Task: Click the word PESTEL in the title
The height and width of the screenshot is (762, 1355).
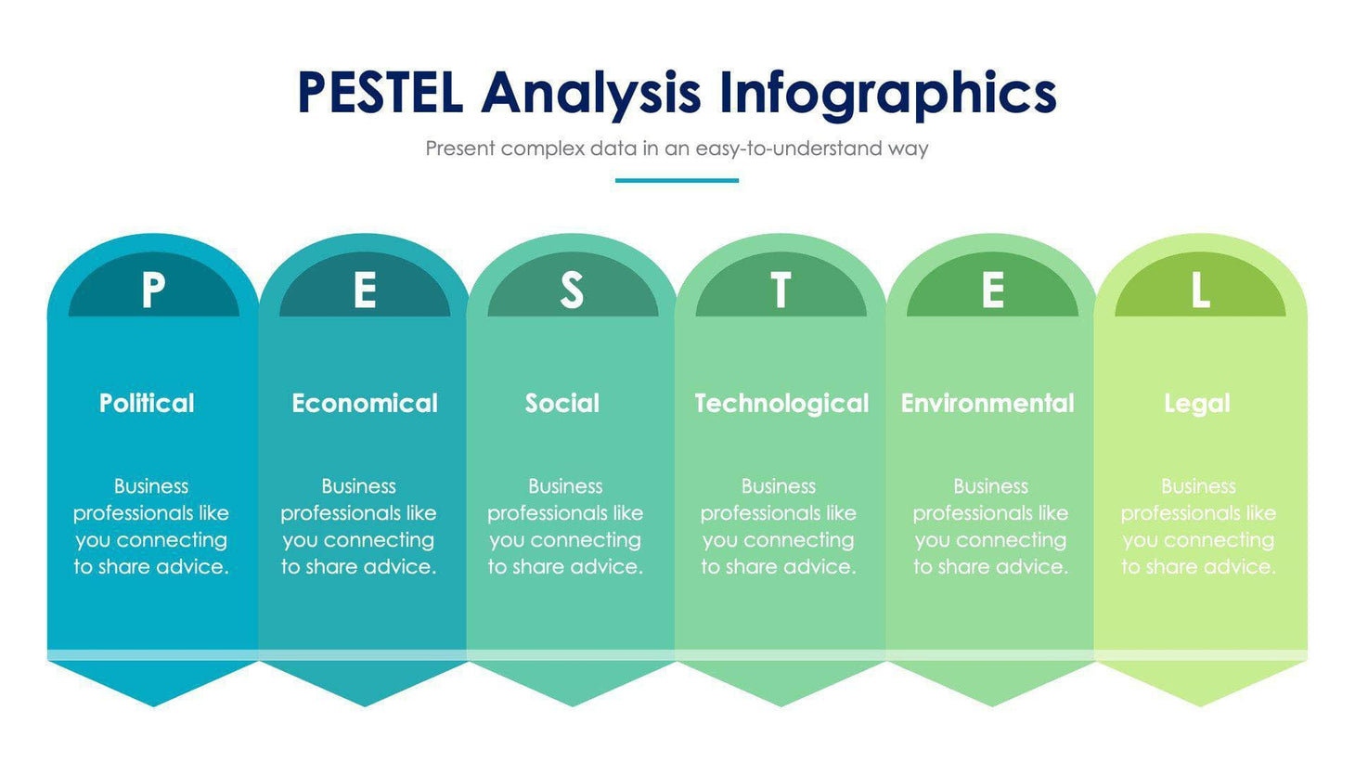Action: [x=380, y=93]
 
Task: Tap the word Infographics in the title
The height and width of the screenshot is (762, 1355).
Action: [x=887, y=95]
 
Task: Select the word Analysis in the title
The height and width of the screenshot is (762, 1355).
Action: [x=590, y=95]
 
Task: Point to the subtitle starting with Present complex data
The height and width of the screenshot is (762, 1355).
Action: [x=677, y=149]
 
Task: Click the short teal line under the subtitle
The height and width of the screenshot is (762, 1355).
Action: [x=677, y=180]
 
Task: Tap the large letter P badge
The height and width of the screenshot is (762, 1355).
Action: [x=153, y=291]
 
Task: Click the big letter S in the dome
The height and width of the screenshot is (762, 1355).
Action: [x=572, y=291]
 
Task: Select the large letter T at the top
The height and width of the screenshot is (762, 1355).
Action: [x=781, y=291]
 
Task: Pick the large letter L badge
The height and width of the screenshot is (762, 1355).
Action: [x=1200, y=291]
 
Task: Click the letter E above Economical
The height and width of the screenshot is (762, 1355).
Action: [x=365, y=291]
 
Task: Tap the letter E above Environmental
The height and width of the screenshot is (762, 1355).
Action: [x=992, y=291]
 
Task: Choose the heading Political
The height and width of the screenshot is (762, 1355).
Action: [x=147, y=403]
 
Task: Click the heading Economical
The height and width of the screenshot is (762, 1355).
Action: [x=365, y=403]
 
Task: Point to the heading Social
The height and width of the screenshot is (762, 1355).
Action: [x=562, y=403]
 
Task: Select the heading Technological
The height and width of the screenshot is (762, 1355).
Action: [x=781, y=403]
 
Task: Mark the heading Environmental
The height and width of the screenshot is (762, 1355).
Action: [x=987, y=403]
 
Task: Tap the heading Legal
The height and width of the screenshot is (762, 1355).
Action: [x=1197, y=403]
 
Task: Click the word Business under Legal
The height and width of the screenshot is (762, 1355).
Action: [x=1198, y=486]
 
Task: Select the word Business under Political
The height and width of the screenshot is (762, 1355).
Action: [x=151, y=486]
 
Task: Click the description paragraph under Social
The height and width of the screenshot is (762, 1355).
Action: [x=565, y=526]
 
